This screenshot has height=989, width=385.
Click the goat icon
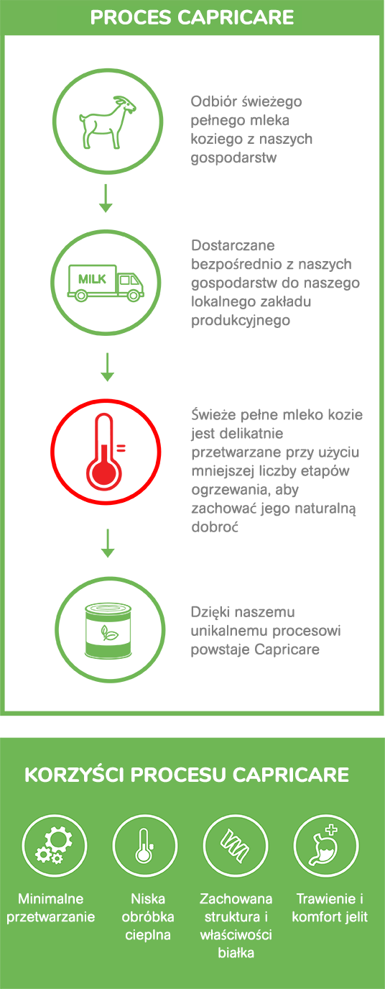point(107,122)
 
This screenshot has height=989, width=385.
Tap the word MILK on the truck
point(92,279)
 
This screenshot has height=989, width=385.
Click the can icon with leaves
point(108,630)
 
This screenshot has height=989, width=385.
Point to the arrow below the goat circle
point(106,199)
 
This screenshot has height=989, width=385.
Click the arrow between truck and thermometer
point(107,367)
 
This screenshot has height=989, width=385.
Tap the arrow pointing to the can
point(108,543)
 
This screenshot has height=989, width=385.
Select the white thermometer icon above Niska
point(144,846)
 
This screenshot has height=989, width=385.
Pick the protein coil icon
point(235,846)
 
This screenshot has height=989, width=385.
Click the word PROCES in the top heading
point(131,18)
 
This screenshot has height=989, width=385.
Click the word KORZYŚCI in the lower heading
point(74,775)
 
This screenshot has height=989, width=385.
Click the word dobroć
point(215,527)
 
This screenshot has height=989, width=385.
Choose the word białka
point(236,953)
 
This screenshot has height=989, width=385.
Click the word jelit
point(356,916)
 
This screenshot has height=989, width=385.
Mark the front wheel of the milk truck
point(133,295)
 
